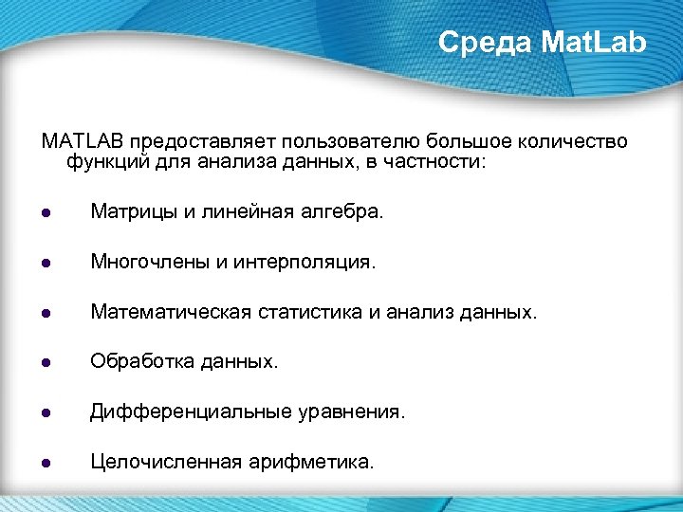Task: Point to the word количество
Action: tap(574, 141)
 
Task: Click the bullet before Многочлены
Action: tap(46, 263)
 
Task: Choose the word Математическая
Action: tap(170, 312)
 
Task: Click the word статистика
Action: tap(307, 312)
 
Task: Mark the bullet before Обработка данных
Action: tap(46, 362)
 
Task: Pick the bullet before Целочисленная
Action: tap(46, 463)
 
